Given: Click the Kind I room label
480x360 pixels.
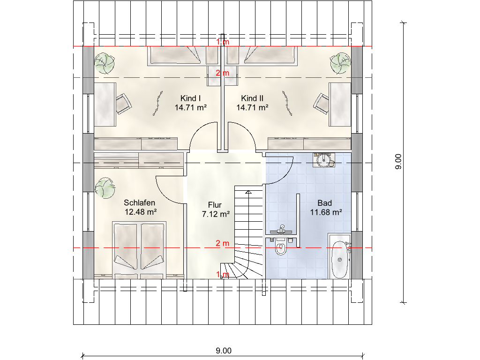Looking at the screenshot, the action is [190, 98].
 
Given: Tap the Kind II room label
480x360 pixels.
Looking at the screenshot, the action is [252, 98].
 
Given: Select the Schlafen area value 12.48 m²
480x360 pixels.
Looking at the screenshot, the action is [141, 212].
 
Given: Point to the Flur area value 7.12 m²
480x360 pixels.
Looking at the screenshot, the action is [216, 214].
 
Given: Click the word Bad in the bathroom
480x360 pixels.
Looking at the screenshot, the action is [325, 203].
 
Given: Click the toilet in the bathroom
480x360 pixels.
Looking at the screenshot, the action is [280, 247].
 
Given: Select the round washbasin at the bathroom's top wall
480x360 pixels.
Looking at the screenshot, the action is [323, 160].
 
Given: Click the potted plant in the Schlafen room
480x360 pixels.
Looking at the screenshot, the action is [105, 187].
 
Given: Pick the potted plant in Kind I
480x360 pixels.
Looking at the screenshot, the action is [104, 63].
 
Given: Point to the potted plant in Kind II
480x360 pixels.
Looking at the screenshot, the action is [340, 63].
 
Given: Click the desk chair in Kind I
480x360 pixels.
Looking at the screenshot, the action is [123, 104].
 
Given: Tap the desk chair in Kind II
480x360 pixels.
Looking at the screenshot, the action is [322, 104].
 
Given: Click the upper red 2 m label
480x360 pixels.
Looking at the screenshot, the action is [223, 73].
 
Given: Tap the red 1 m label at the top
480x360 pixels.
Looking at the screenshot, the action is [223, 42].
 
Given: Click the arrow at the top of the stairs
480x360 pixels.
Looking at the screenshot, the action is [248, 192].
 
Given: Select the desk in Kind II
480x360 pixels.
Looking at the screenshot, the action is [340, 105].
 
